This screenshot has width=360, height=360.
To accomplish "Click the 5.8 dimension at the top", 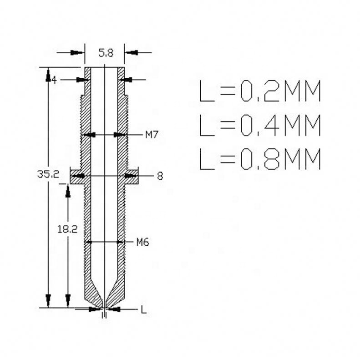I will (106, 53).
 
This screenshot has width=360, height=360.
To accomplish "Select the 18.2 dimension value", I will (67, 229).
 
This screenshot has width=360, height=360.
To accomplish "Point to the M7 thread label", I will (152, 135).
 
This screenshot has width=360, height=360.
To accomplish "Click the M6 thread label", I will (143, 242).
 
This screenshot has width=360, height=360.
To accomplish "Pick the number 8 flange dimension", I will (160, 176).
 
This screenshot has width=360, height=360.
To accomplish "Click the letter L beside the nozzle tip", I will (143, 310).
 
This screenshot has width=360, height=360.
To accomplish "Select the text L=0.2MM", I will (260, 91).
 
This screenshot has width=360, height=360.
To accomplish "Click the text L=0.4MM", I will (260, 125).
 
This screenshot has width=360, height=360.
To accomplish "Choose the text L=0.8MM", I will (260, 159).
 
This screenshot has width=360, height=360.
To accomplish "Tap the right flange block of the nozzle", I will (132, 176).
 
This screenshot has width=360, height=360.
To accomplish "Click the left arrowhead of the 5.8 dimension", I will (78, 53).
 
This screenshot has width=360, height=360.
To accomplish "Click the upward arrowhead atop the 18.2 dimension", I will (68, 191).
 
